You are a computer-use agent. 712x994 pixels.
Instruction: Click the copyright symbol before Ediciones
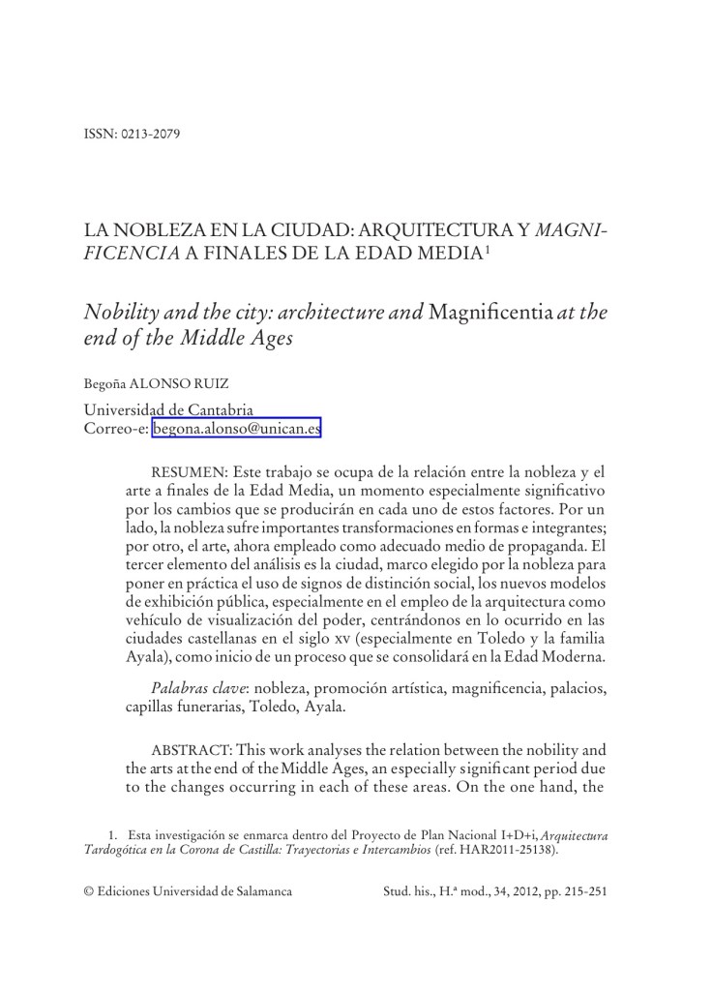(89, 891)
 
